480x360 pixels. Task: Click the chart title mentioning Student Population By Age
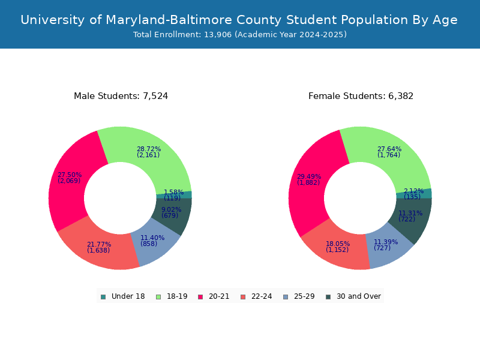click(239, 20)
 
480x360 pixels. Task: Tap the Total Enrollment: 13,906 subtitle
click(240, 35)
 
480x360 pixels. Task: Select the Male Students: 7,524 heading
click(121, 96)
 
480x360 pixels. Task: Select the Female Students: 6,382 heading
click(361, 96)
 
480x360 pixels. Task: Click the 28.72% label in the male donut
click(148, 152)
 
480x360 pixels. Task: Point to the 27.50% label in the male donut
click(70, 178)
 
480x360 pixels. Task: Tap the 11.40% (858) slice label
click(152, 241)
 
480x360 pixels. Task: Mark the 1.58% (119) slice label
click(173, 195)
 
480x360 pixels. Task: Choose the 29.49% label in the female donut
click(309, 179)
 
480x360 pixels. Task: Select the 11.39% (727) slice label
click(385, 245)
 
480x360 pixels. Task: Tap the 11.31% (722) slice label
click(410, 216)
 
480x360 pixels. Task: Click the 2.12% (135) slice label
click(413, 194)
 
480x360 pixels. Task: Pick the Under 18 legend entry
click(122, 296)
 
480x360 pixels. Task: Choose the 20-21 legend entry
click(214, 296)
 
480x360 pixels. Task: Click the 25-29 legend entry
click(298, 296)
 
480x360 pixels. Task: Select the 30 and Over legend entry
click(353, 296)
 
